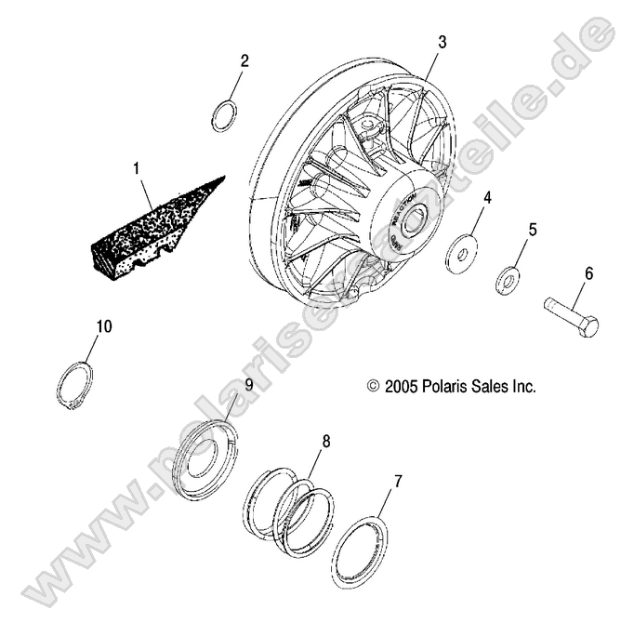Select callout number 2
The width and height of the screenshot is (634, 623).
click(x=244, y=61)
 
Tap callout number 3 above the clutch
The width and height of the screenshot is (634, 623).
click(x=442, y=41)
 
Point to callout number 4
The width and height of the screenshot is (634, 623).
click(x=487, y=197)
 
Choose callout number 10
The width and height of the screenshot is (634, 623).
click(x=103, y=325)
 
